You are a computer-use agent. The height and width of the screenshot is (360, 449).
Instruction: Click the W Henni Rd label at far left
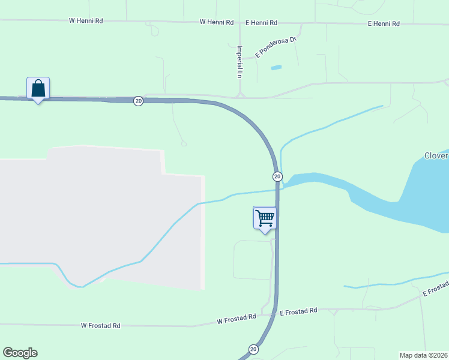coord(86,20)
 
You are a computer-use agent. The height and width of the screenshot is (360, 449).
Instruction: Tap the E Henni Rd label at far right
coord(384,23)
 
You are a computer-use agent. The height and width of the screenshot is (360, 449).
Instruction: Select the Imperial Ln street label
coord(240,62)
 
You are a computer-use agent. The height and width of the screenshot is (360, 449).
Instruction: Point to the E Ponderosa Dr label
coord(276,47)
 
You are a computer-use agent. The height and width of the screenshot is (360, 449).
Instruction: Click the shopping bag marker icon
coord(38,88)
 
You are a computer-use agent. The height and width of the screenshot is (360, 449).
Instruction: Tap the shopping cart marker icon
coord(265,218)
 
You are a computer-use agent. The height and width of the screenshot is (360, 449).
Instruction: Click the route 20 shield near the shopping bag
coord(139,101)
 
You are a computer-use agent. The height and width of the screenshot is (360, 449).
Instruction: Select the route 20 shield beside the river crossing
coord(277,176)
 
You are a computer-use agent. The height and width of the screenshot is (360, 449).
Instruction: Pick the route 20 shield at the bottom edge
coord(253,349)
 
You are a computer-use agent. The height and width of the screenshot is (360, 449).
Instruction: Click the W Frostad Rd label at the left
coord(101,325)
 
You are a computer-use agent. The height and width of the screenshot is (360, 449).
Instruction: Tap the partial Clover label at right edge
coord(436,155)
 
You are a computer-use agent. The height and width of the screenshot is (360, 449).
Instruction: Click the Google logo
coord(20,353)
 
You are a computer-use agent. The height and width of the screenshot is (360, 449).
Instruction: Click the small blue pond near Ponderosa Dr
coord(276,67)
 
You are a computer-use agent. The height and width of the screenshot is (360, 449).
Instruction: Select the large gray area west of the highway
coord(102,216)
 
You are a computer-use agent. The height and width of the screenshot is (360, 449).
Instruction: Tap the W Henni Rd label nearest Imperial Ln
coord(217,22)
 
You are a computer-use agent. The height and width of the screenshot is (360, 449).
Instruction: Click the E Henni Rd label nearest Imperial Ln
coord(261,22)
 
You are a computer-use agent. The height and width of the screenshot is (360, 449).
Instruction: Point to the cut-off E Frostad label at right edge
coord(436,288)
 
